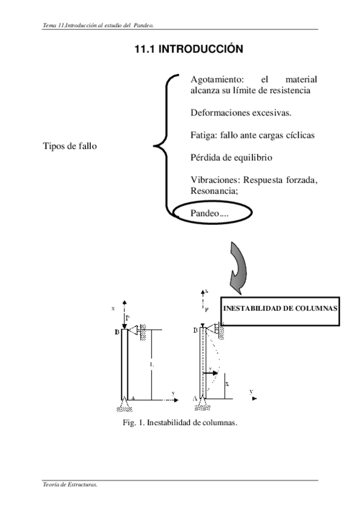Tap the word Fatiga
202,135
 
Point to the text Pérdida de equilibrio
231,158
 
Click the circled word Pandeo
205,213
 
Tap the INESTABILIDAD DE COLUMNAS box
280,309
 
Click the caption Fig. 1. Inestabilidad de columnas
180,422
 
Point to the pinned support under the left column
124,401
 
